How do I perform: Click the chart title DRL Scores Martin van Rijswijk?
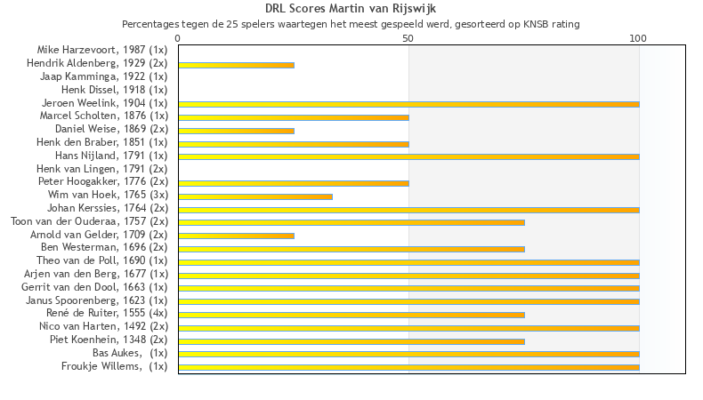pos(351,9)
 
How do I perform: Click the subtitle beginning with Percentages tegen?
pos(351,24)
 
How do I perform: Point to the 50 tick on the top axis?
pos(408,39)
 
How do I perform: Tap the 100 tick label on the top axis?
pos(638,39)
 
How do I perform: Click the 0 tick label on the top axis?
pos(178,39)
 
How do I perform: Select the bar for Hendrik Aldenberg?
pos(236,65)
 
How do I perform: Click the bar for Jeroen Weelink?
pos(408,104)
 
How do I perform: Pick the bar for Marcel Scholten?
pos(294,117)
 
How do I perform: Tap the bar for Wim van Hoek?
pos(255,196)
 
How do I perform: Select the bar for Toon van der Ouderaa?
pos(351,222)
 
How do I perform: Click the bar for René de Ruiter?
pos(351,315)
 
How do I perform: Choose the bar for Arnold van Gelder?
pos(236,236)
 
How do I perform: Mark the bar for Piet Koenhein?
pos(351,340)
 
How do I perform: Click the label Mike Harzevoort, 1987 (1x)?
pos(102,50)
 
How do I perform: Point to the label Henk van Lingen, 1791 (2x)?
pos(101,169)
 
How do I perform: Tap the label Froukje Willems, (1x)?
pos(114,366)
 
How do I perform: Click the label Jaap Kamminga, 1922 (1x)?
pos(104,76)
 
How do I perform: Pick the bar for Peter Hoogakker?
pos(294,183)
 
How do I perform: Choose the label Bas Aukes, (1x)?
pos(130,353)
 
